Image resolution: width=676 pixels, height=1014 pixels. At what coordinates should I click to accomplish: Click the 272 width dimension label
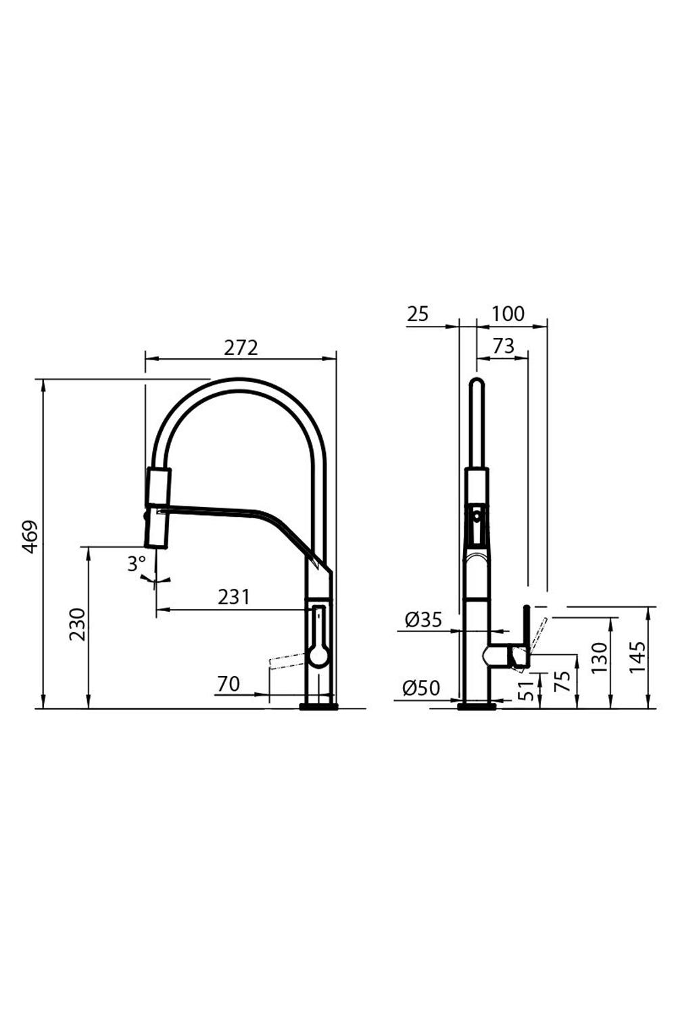pos(241,347)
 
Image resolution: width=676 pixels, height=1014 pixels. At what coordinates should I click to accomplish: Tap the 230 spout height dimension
pos(77,625)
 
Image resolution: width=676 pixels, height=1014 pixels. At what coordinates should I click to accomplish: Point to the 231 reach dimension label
pos(234,597)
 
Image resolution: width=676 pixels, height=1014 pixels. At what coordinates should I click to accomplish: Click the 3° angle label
pos(137,563)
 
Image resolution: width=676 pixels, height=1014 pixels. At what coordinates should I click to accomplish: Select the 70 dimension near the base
pos(228,684)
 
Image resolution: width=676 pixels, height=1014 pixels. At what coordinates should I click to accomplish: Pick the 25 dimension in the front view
pos(418,314)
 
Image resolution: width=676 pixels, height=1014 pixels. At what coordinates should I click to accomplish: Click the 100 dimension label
pos(508,314)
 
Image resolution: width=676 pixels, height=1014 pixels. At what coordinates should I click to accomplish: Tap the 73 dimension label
pos(503,346)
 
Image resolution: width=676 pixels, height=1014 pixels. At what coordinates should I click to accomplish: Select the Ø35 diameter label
pos(422,619)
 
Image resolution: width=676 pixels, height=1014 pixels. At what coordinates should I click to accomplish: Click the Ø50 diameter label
pos(421,688)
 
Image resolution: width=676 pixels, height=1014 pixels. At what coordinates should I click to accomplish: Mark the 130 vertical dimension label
pos(599,658)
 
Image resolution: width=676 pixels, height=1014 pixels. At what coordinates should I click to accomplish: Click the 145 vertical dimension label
pos(637,656)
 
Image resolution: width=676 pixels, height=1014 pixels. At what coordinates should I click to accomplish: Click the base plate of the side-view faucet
pos(318,707)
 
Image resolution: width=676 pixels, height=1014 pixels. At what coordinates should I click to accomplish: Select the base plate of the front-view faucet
pos(477,707)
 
